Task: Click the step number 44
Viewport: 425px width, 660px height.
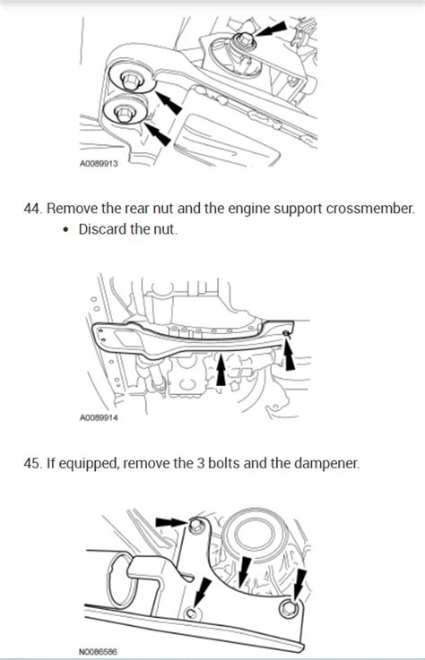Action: pos(32,209)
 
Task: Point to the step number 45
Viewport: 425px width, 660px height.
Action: pos(32,463)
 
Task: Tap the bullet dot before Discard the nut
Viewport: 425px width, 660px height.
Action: pos(70,230)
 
